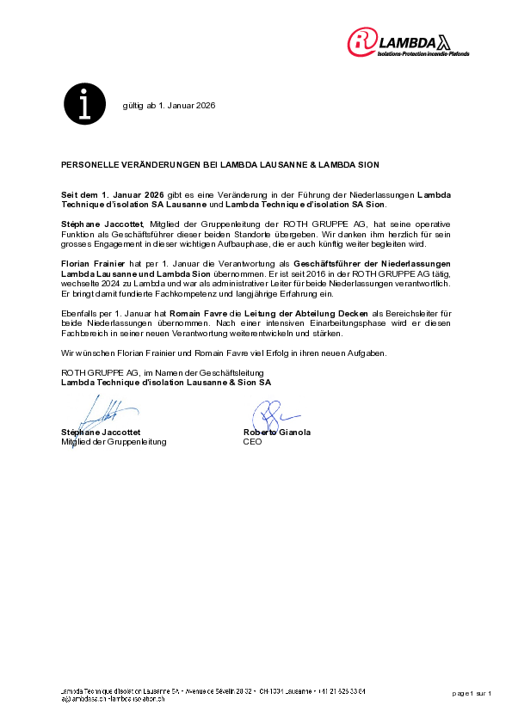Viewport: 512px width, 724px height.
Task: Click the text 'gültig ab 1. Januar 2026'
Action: pyautogui.click(x=169, y=106)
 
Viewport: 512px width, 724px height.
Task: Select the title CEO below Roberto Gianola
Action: pyautogui.click(x=252, y=441)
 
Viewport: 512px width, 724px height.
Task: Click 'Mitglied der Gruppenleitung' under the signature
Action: pyautogui.click(x=114, y=441)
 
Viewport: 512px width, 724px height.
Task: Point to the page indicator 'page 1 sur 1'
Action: pyautogui.click(x=472, y=692)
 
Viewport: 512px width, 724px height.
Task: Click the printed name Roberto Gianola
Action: pyautogui.click(x=277, y=432)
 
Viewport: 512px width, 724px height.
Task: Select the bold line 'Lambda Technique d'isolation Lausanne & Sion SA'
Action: pyautogui.click(x=165, y=382)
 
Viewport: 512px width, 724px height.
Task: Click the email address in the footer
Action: pyautogui.click(x=112, y=698)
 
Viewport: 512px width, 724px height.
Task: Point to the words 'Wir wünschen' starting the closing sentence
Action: pyautogui.click(x=83, y=353)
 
